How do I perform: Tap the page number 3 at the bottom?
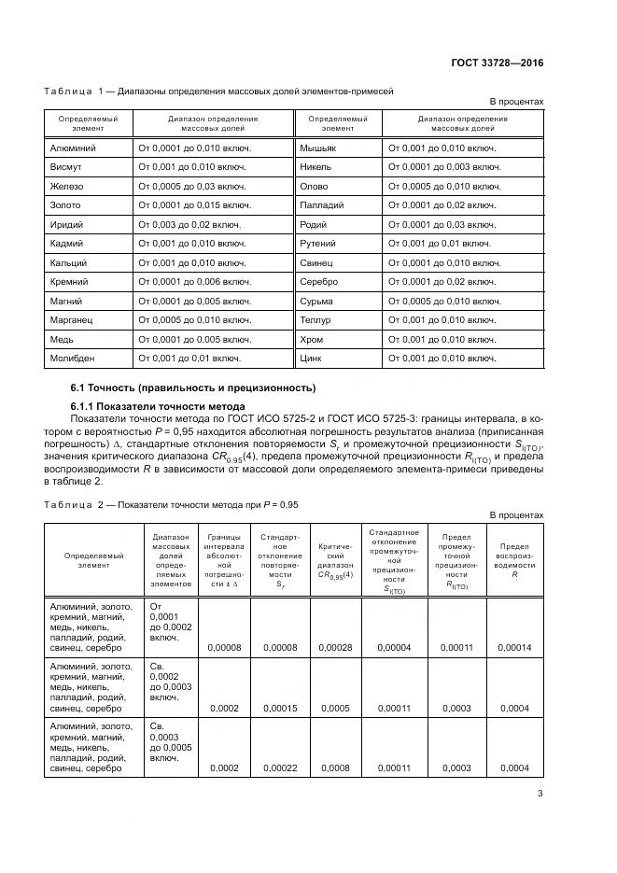[540, 794]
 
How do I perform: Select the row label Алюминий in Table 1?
[73, 148]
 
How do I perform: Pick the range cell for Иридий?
[189, 225]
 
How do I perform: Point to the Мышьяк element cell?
[318, 148]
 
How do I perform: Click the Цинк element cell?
[312, 358]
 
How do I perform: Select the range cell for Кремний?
[194, 281]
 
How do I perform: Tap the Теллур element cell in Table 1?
[316, 319]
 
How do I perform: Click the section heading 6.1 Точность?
[193, 387]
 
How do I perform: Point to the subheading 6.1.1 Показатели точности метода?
[158, 406]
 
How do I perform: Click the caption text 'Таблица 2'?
[70, 504]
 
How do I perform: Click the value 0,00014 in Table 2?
[514, 646]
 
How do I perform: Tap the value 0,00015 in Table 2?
[280, 708]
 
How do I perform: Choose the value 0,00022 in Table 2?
[280, 767]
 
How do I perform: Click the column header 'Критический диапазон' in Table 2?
[335, 558]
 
